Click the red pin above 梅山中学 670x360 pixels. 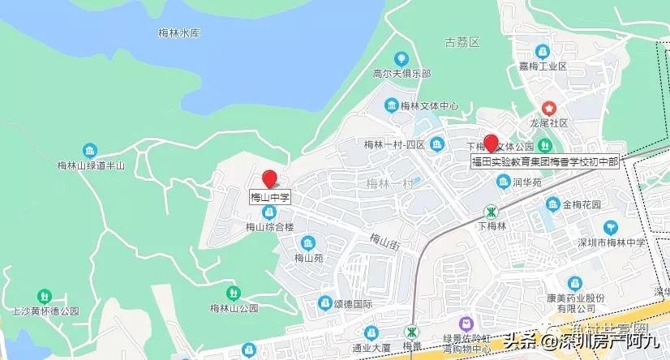[x=269, y=178]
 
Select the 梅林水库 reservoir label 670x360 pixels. [x=178, y=33]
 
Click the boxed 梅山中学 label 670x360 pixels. [x=270, y=197]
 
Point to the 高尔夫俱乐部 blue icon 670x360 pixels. [x=400, y=58]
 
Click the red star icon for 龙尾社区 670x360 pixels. [x=549, y=108]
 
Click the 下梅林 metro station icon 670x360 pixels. [x=491, y=212]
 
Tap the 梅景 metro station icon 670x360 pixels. [x=412, y=332]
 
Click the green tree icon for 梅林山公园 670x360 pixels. [x=234, y=292]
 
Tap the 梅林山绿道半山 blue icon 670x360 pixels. [x=90, y=150]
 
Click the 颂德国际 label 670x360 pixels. [x=351, y=305]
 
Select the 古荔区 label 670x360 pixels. [x=462, y=41]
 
